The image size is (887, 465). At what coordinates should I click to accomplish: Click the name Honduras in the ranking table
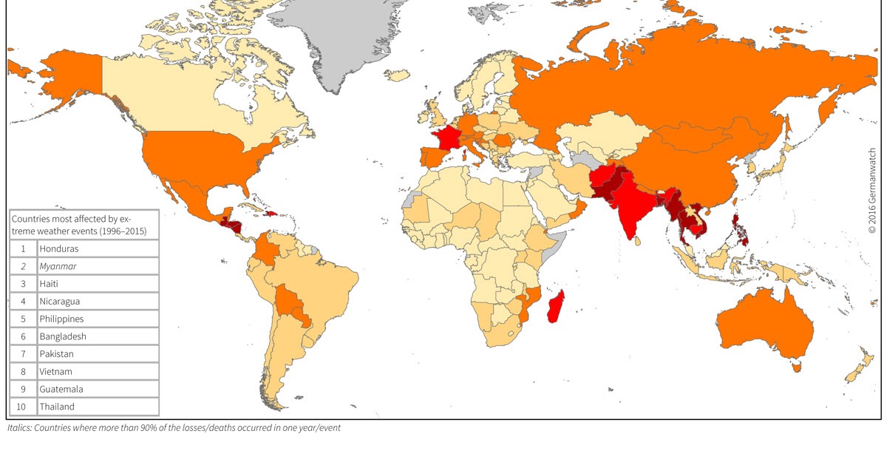point(59,249)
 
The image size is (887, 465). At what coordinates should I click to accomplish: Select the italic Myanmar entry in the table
point(58,266)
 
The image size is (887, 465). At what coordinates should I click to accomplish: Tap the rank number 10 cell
point(23,407)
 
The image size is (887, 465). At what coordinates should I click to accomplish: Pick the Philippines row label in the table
point(61,319)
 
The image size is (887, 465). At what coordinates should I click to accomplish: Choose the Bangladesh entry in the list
point(63,336)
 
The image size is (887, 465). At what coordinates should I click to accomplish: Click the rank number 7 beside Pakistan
point(23,354)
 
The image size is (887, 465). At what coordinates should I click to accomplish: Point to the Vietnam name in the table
point(56,372)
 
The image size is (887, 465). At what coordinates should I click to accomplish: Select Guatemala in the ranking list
point(61,389)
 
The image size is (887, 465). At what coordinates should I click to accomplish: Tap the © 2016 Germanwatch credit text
point(872,189)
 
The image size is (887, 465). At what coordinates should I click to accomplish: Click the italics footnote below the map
point(174,428)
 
